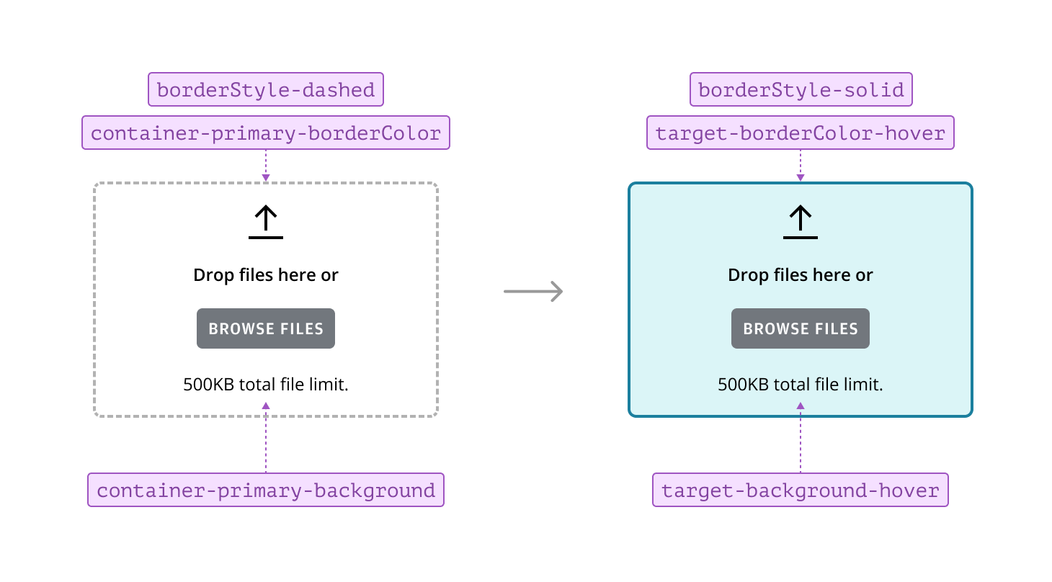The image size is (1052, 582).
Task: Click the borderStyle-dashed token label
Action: (x=265, y=90)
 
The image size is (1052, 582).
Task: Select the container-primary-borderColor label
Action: (x=265, y=133)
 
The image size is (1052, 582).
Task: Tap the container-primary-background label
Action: (x=265, y=491)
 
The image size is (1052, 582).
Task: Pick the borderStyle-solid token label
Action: (x=801, y=90)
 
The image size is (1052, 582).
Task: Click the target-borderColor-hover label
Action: (x=800, y=133)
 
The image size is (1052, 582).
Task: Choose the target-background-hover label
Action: (x=800, y=491)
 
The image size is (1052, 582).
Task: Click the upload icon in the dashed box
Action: (x=266, y=222)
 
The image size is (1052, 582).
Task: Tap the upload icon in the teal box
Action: (x=801, y=222)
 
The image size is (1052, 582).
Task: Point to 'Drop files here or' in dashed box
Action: (x=266, y=275)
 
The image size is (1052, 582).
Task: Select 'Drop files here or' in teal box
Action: (x=801, y=275)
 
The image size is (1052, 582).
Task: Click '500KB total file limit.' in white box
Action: (x=266, y=385)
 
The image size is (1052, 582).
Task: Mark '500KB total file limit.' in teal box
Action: (x=801, y=385)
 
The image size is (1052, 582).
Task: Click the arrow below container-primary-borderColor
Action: (x=266, y=166)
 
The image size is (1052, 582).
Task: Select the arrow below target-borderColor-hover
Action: (x=801, y=166)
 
